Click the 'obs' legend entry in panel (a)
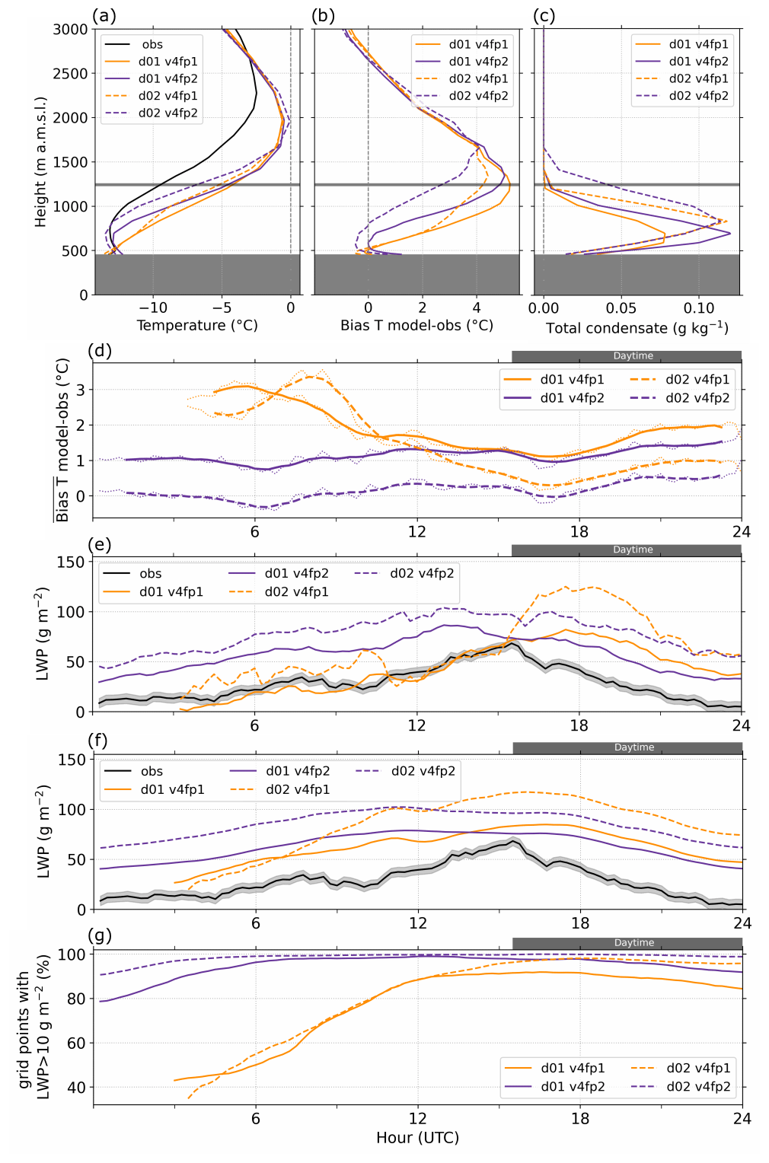click(x=152, y=45)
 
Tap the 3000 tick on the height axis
click(x=71, y=30)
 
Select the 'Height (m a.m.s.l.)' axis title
click(x=40, y=161)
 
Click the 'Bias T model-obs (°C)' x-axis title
click(x=416, y=326)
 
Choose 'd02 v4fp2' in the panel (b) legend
click(x=478, y=96)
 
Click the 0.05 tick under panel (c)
click(x=621, y=308)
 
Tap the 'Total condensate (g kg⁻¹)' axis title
click(x=637, y=328)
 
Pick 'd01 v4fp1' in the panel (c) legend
click(x=698, y=44)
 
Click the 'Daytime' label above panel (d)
click(x=633, y=356)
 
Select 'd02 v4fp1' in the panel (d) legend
click(x=697, y=380)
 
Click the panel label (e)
click(x=100, y=544)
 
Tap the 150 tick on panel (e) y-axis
click(x=71, y=562)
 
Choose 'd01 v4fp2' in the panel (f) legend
click(x=298, y=771)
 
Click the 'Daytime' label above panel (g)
click(x=633, y=943)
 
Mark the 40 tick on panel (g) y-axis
click(x=76, y=1088)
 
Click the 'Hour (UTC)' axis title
click(x=417, y=1138)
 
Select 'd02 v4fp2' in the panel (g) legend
click(x=698, y=1087)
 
